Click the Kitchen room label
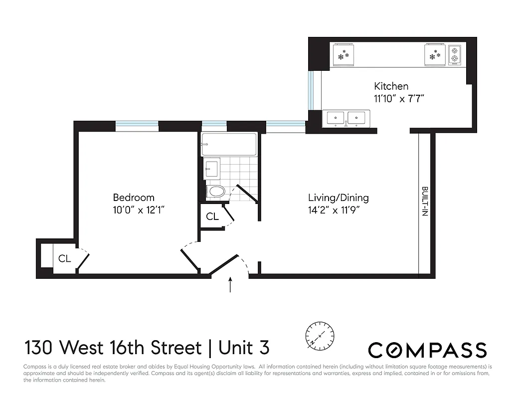click(391, 86)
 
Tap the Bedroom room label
click(133, 198)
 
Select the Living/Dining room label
click(338, 198)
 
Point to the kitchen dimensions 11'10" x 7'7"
click(399, 98)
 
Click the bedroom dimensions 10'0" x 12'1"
click(138, 209)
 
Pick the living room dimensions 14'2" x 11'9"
click(334, 209)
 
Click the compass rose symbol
click(320, 334)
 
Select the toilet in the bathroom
click(216, 191)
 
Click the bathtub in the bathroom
click(229, 144)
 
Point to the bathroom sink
click(212, 168)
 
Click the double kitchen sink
click(345, 118)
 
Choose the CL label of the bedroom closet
click(64, 258)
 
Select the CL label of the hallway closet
click(212, 216)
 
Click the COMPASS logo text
click(427, 350)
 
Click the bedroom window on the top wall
click(137, 125)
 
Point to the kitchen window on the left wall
click(311, 90)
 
